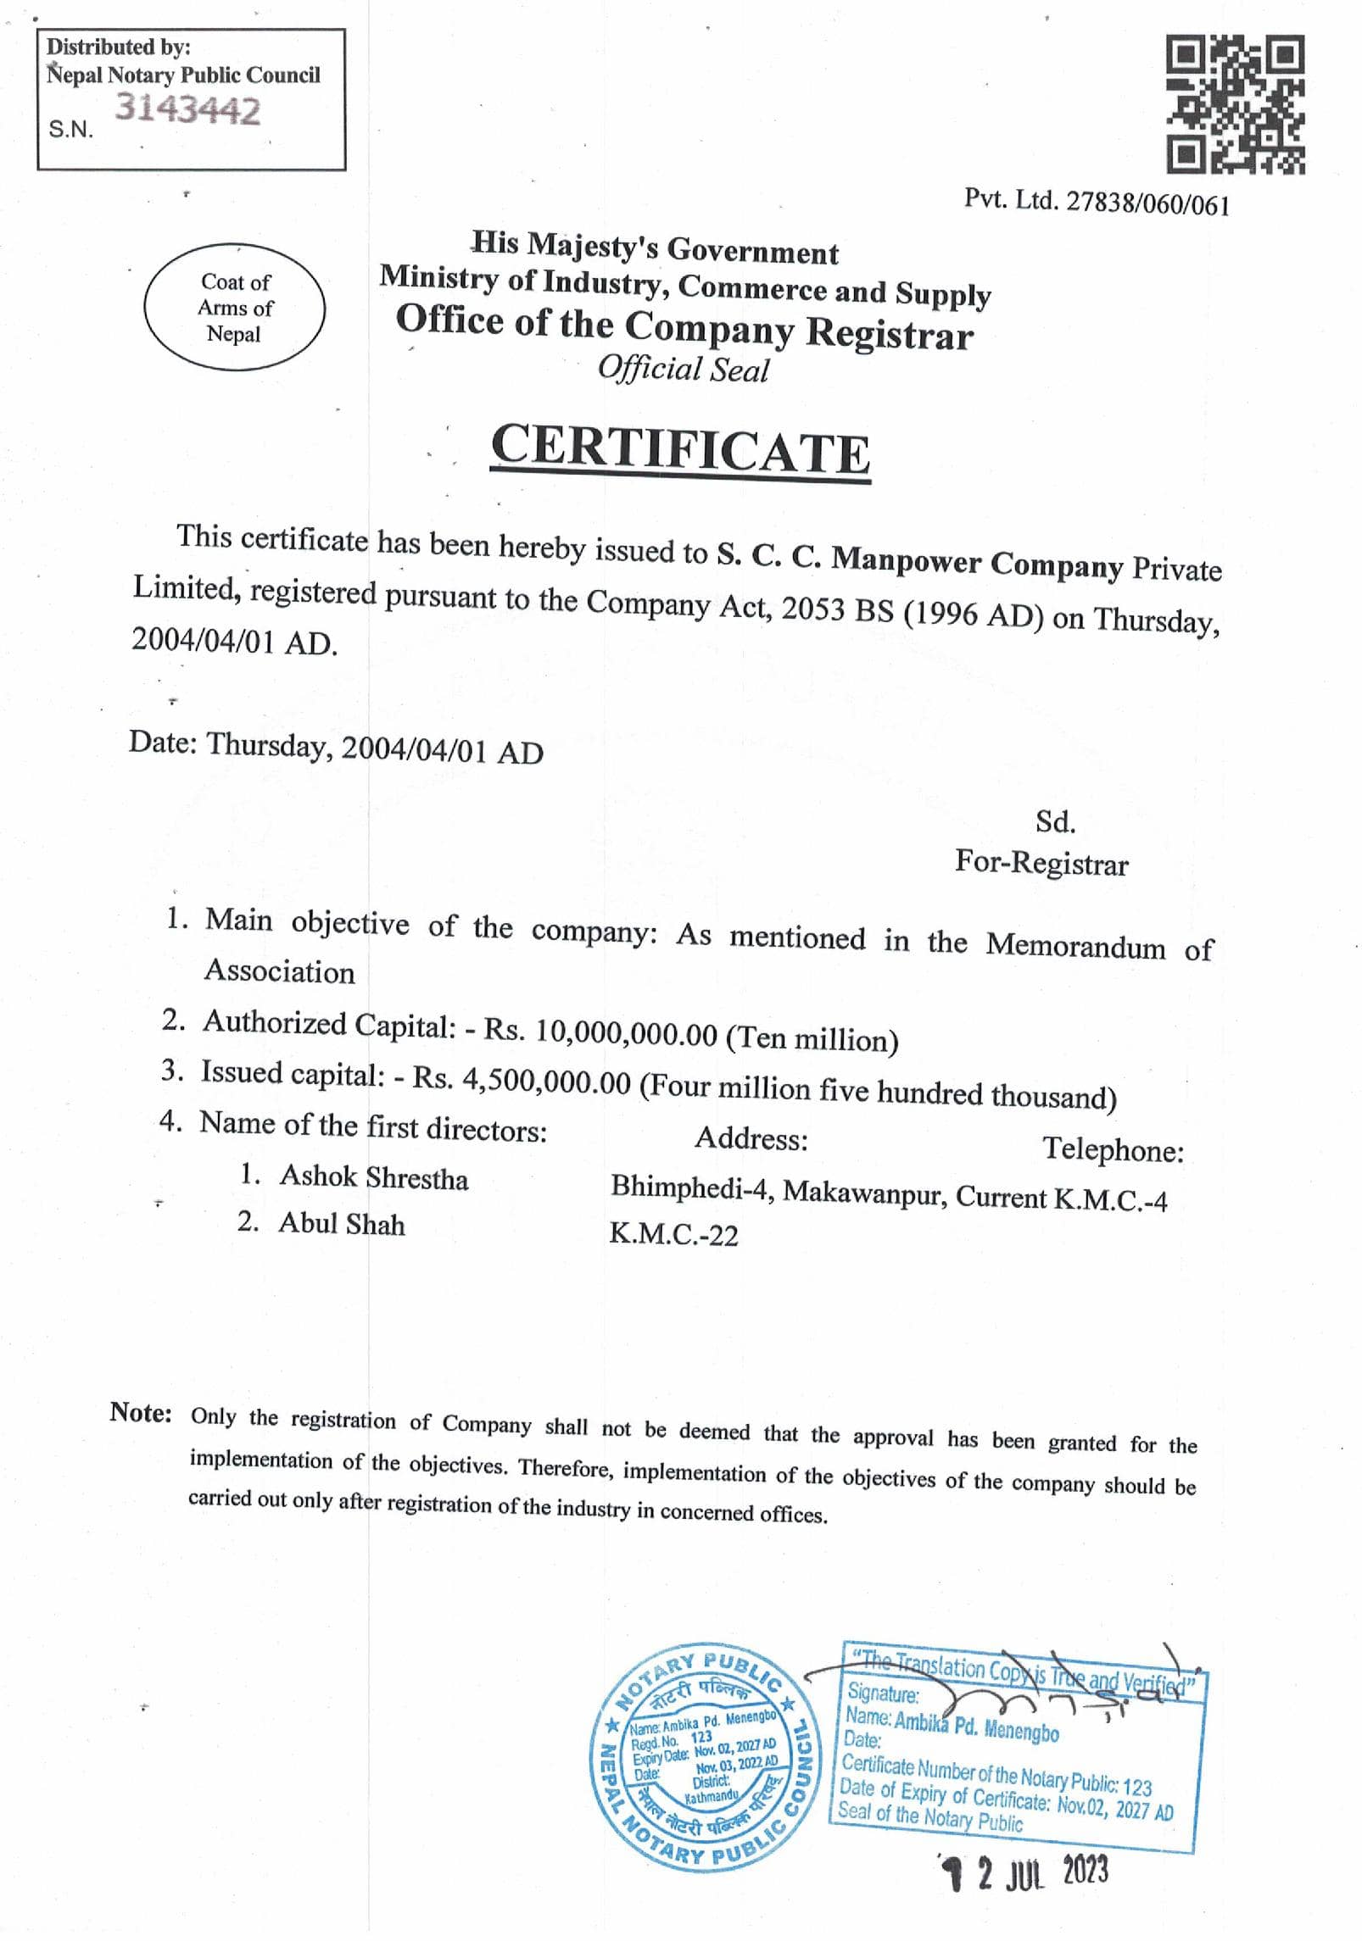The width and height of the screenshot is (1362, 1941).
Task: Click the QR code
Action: tap(1236, 104)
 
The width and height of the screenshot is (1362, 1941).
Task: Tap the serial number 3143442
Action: tap(187, 110)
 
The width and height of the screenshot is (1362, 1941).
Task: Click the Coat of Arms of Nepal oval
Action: tap(235, 307)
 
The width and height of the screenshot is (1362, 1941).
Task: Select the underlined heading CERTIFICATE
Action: tap(680, 449)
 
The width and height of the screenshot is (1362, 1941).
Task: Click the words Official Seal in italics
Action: tap(683, 370)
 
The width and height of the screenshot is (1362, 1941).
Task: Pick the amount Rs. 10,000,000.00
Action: tap(601, 1032)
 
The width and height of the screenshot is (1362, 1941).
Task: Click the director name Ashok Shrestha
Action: tap(374, 1177)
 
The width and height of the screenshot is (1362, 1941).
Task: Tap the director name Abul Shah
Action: tap(342, 1223)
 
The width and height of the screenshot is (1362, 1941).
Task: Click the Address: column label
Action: tap(751, 1139)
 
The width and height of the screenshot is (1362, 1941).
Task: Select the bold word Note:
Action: tap(141, 1413)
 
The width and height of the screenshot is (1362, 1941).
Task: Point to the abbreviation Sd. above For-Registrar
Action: tap(1055, 821)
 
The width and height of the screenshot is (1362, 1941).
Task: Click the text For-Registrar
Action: tap(1041, 863)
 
